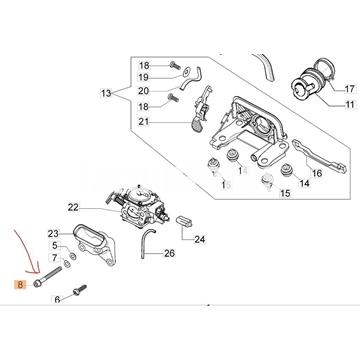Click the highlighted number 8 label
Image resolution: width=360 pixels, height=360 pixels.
(21, 285)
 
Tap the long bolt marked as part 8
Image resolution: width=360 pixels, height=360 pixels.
(48, 276)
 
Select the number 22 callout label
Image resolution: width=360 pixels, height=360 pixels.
(73, 208)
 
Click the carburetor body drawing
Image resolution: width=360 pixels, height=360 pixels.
(137, 206)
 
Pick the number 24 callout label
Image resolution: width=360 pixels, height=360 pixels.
(200, 239)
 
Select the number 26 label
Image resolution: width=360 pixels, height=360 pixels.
(169, 254)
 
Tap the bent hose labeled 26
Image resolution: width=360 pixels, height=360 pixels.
(146, 243)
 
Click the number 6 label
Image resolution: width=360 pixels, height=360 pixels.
(57, 300)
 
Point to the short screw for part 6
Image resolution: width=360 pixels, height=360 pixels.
(79, 290)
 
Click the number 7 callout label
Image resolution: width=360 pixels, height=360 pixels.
(55, 258)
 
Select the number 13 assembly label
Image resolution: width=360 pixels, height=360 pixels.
(106, 94)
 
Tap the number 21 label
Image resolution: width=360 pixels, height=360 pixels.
(144, 122)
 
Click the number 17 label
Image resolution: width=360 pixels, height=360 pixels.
(349, 89)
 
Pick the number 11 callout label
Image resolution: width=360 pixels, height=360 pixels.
(349, 105)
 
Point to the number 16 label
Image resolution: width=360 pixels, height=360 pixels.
(316, 173)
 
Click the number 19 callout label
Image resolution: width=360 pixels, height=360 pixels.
(144, 78)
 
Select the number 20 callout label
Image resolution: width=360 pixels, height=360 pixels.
(144, 91)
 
